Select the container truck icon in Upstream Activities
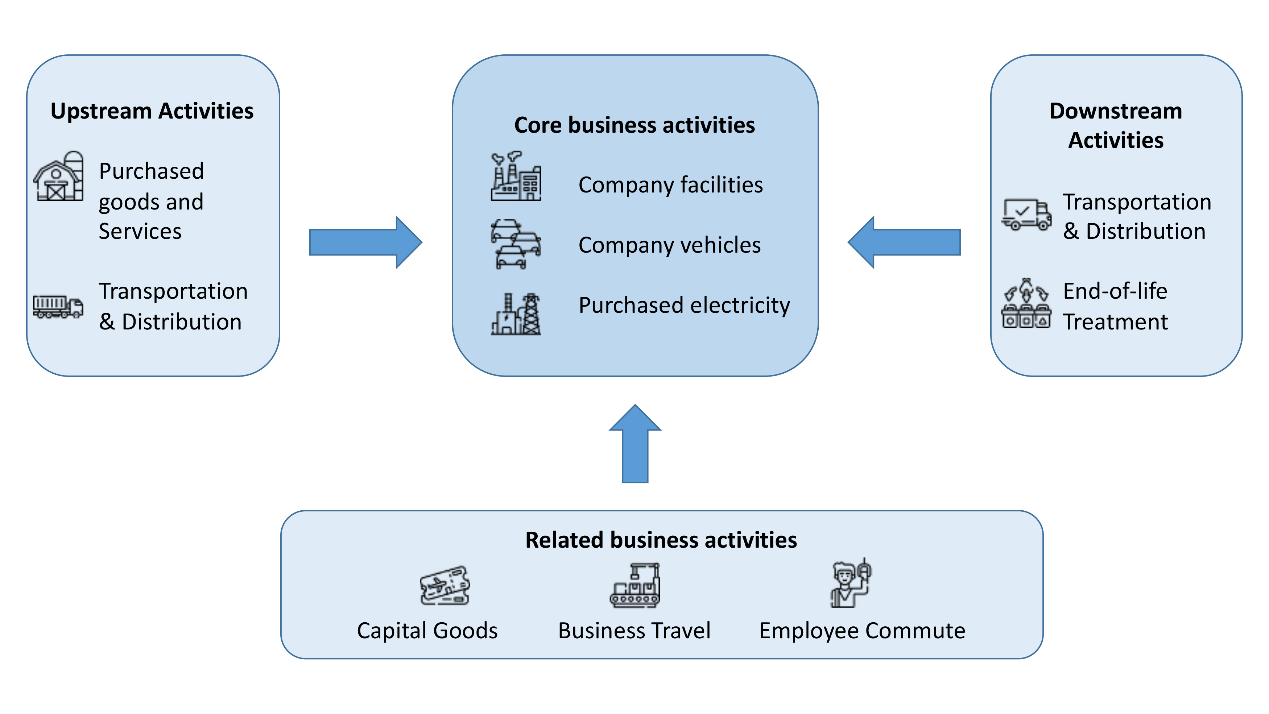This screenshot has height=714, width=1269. click(x=58, y=306)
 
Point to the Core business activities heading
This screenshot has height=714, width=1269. click(x=634, y=125)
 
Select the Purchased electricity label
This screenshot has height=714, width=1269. click(x=684, y=305)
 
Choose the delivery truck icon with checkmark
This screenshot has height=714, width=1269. click(x=1027, y=214)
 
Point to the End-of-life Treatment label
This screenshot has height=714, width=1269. click(x=1115, y=306)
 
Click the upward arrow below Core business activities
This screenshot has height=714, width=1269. click(x=635, y=444)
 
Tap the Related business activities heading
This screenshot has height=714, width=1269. click(x=661, y=540)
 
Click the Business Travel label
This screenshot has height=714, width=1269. click(x=634, y=631)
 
